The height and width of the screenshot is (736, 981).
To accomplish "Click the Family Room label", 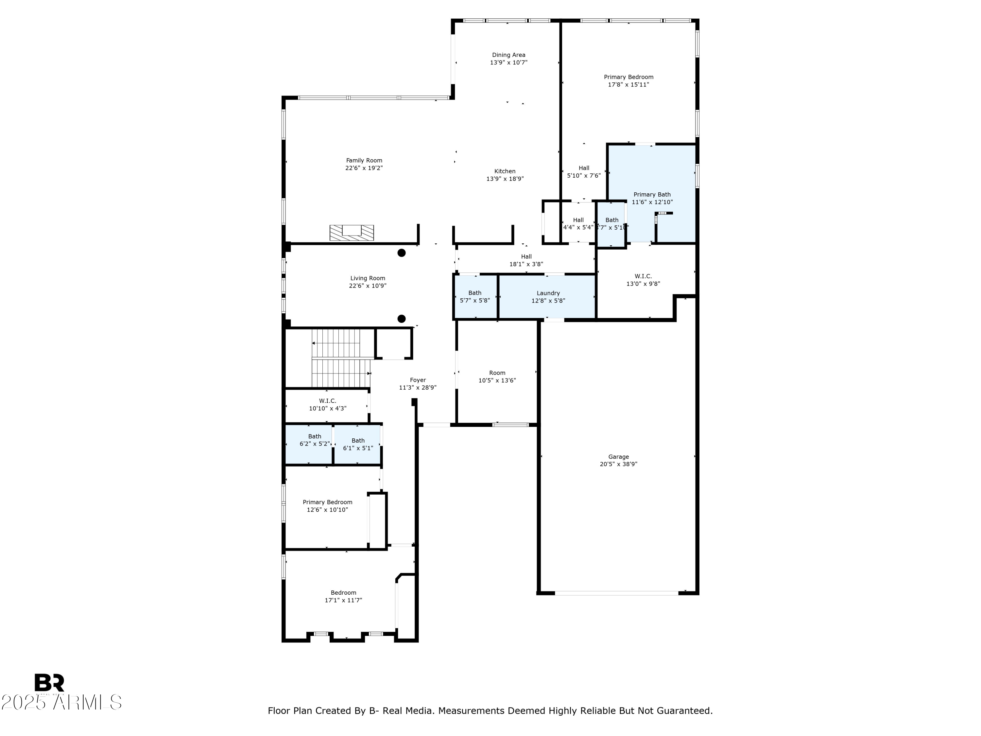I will [364, 161].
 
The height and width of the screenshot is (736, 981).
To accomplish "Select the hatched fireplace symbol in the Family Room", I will [351, 233].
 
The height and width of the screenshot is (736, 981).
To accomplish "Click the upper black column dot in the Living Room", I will [401, 253].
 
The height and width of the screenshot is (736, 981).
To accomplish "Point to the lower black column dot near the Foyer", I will [401, 319].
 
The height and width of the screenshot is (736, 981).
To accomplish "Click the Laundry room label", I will [548, 293].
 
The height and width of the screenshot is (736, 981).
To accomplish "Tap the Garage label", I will [618, 457].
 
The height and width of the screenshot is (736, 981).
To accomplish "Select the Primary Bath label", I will [652, 194].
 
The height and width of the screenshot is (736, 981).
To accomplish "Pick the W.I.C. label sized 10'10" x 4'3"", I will [327, 401].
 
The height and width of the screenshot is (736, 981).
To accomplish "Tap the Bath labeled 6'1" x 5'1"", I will [358, 441].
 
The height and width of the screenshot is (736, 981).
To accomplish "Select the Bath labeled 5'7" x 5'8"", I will [474, 293].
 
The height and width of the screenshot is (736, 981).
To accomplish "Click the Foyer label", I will [418, 380].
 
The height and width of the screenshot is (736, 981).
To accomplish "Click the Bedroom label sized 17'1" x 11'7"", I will [343, 593].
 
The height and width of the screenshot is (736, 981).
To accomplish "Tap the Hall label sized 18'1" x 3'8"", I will [526, 256].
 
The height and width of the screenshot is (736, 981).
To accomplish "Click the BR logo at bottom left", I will [49, 683].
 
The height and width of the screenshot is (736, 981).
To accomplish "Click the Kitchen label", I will [505, 171].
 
